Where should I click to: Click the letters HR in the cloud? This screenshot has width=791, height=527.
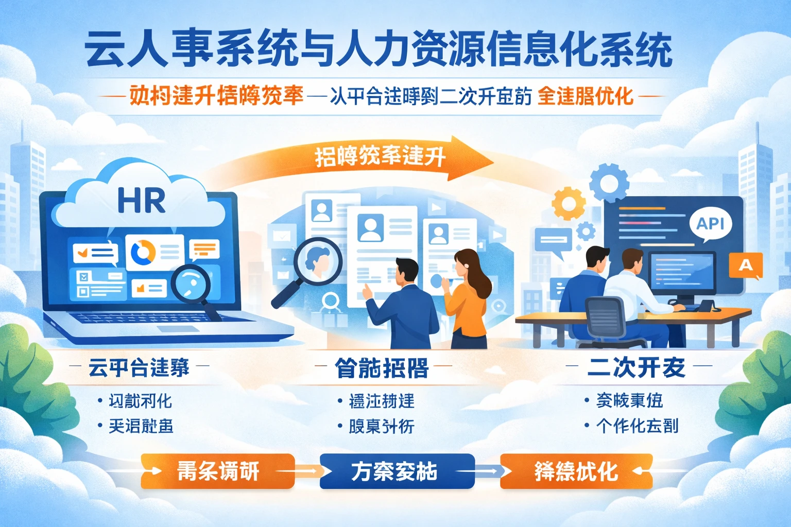click(142, 200)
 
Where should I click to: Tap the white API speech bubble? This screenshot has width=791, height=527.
click(711, 224)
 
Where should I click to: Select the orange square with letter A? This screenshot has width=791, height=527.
click(745, 265)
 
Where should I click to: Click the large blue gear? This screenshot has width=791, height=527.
click(609, 183)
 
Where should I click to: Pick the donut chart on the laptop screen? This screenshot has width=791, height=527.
click(143, 252)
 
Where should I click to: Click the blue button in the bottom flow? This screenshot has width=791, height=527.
click(397, 471)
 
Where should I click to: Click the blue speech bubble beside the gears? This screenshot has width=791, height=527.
click(553, 241)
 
